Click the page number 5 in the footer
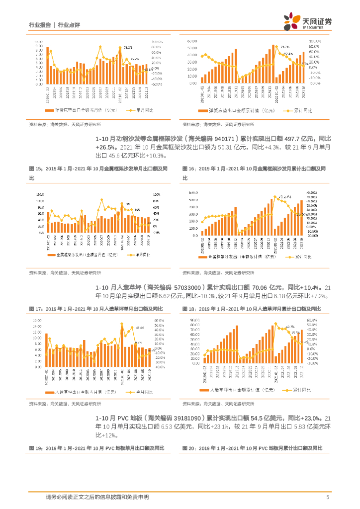click(328, 497)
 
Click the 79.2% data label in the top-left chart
click(128, 48)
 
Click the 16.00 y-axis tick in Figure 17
click(37, 321)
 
